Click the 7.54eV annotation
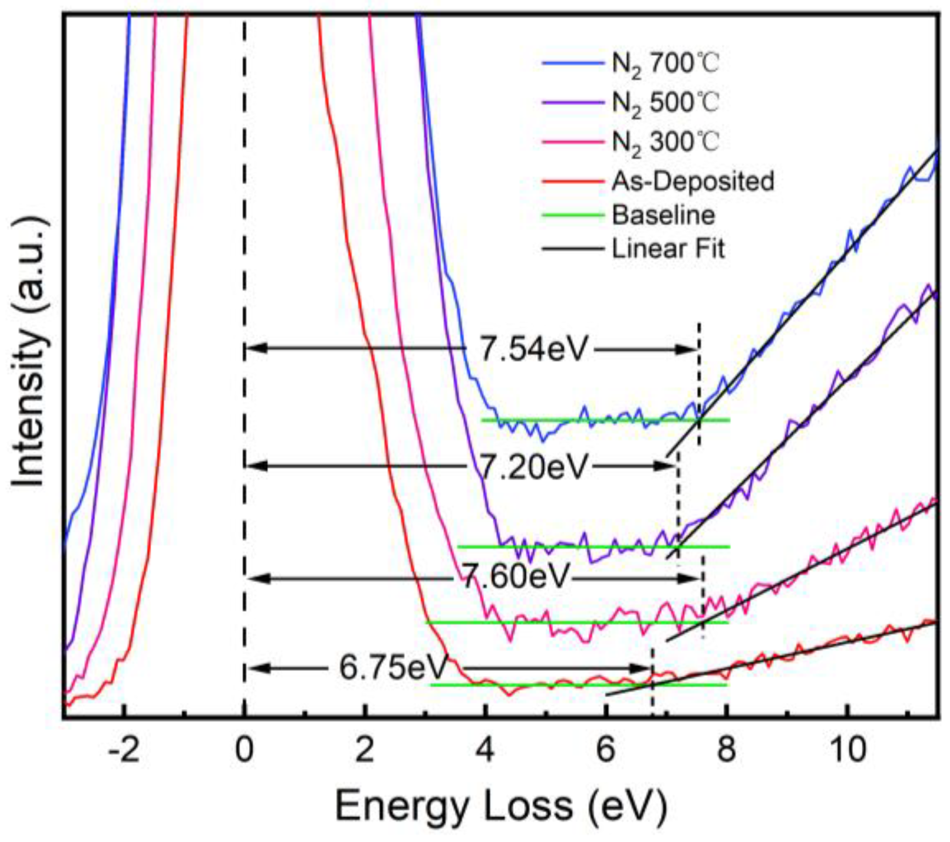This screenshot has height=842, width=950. coord(533,349)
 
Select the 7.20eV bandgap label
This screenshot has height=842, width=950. coord(533,467)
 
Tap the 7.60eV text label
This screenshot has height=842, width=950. coord(516,577)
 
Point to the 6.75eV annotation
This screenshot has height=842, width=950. coord(392,668)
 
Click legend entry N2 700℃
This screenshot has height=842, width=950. coord(664,64)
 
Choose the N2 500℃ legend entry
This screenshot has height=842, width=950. coord(664,103)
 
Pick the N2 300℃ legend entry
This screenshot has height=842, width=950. coord(664,143)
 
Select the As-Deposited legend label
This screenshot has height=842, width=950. coord(692,181)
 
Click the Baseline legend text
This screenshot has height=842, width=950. coord(663,215)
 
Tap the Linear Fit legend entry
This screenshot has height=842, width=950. coord(668,249)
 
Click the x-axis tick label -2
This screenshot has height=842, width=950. coord(124,750)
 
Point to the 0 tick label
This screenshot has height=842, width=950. coord(244,750)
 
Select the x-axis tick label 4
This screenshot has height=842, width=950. coord(485,750)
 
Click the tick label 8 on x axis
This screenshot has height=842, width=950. coord(726,750)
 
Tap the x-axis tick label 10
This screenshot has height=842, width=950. coord(847,750)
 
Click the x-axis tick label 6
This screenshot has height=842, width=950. coord(606,750)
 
